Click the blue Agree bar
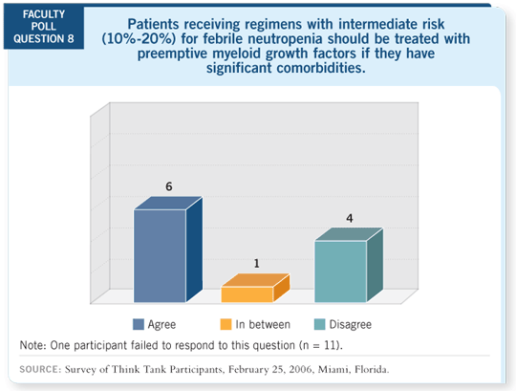click(x=168, y=250)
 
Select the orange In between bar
click(x=255, y=288)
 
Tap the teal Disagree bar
click(x=349, y=265)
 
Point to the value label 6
click(x=169, y=186)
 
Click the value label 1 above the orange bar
click(x=257, y=264)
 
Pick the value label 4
click(x=350, y=218)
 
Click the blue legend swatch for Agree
click(x=139, y=324)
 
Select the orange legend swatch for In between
click(x=226, y=324)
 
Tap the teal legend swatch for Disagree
click(x=319, y=324)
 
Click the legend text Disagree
click(x=351, y=324)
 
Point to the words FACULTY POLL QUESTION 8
click(x=44, y=27)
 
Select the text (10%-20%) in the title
click(x=139, y=39)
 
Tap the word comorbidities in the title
click(x=321, y=68)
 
